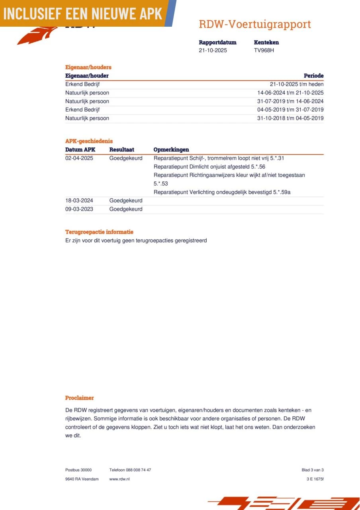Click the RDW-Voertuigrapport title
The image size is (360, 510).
coord(254,24)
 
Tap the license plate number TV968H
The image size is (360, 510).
coord(264,51)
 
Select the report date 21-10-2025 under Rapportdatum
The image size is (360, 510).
coord(213,51)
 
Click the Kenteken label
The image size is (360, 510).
coord(266,42)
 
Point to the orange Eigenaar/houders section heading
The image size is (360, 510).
coord(88,67)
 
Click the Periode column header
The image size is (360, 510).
coord(313,76)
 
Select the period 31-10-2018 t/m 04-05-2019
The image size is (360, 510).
coord(290,118)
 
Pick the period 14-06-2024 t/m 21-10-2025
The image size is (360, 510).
coord(290,93)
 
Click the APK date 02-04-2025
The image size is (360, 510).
coord(79,158)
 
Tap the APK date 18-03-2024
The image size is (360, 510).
coord(79,201)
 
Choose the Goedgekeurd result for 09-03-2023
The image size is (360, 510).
coord(125,209)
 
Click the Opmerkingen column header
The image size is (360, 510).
coord(171,150)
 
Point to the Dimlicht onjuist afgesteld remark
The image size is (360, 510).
coord(209,167)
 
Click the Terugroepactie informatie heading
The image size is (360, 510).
coord(99,232)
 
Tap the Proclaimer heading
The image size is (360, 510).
coord(79,398)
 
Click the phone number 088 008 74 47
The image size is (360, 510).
coord(138,470)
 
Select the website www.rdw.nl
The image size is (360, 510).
coord(119,479)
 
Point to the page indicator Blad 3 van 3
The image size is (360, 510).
coord(312,470)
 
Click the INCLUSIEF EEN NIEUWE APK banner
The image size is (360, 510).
coord(83,13)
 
